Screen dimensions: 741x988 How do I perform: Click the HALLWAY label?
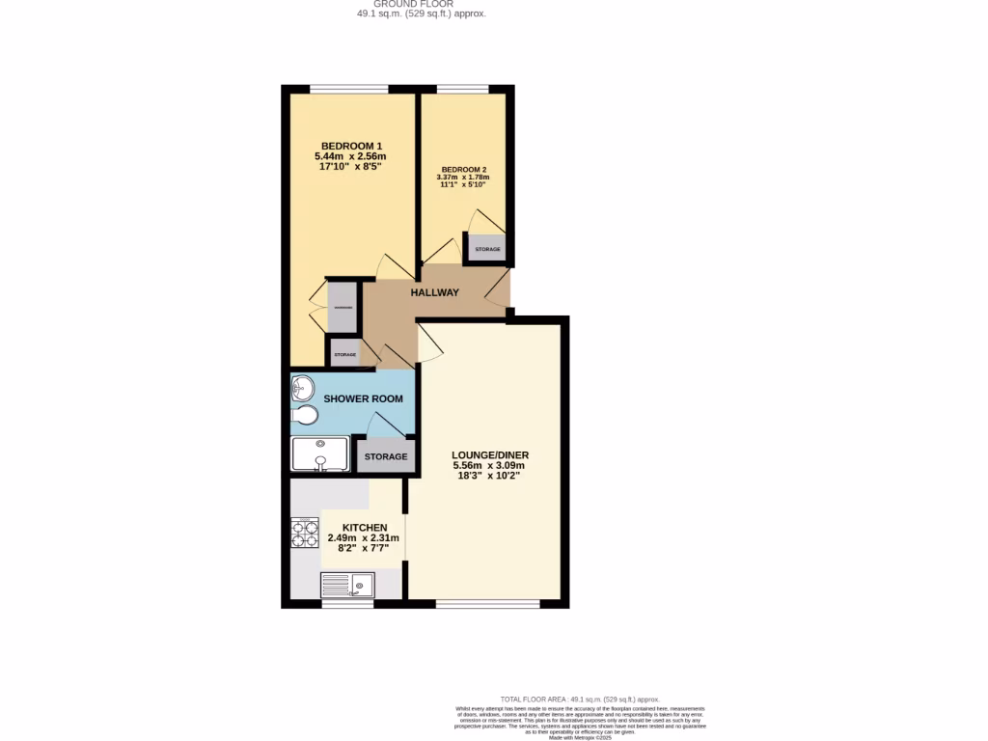tap(434, 292)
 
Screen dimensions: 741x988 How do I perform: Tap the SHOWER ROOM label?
tap(363, 398)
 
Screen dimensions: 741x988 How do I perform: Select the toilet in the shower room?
tap(304, 416)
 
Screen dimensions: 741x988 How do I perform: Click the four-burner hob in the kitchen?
tap(305, 533)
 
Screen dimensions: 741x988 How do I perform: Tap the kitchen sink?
tap(348, 585)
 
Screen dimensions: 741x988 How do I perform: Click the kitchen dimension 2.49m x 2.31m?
tap(363, 538)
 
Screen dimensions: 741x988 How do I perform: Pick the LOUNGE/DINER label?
tap(490, 454)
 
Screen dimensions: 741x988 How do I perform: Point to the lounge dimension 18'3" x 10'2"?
tap(490, 476)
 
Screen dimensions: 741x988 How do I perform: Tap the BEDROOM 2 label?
tap(463, 169)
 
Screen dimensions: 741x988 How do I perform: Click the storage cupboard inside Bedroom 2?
tap(487, 249)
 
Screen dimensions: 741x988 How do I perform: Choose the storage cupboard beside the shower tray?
tap(385, 456)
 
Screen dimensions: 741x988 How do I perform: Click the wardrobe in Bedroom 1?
tap(343, 307)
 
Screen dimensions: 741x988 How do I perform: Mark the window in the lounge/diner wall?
tap(487, 604)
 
